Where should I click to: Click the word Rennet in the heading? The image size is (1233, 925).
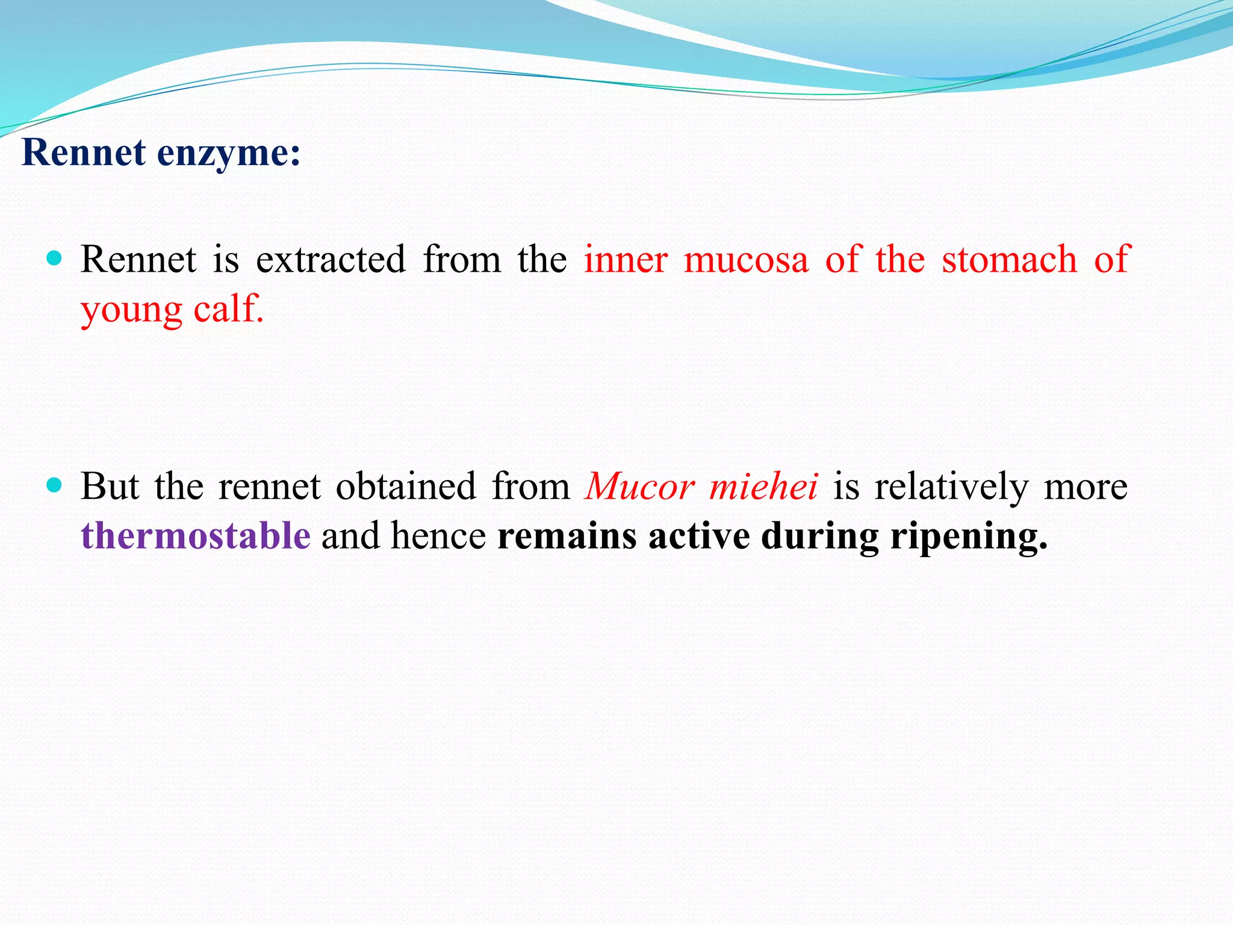coord(83,152)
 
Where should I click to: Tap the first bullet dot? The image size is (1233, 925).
coord(54,259)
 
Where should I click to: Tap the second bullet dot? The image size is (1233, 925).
coord(54,485)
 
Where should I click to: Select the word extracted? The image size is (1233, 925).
coord(331,260)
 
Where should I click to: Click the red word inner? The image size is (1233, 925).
coord(626,260)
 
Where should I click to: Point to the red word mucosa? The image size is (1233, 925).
coord(745,260)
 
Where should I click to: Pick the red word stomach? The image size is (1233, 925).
coord(1009,260)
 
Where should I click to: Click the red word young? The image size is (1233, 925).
coord(131,311)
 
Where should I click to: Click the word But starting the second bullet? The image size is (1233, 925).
coord(110,486)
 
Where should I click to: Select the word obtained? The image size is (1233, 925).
coord(405,486)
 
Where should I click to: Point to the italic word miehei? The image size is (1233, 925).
coord(763,486)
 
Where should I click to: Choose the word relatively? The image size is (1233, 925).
coord(951,486)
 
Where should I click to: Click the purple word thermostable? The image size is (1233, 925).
coord(196,535)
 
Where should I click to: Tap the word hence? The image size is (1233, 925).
coord(438,535)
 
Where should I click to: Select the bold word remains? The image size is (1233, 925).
coord(567,535)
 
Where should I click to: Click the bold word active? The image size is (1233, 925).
coord(698,535)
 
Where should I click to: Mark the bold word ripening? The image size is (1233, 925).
coord(969,537)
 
